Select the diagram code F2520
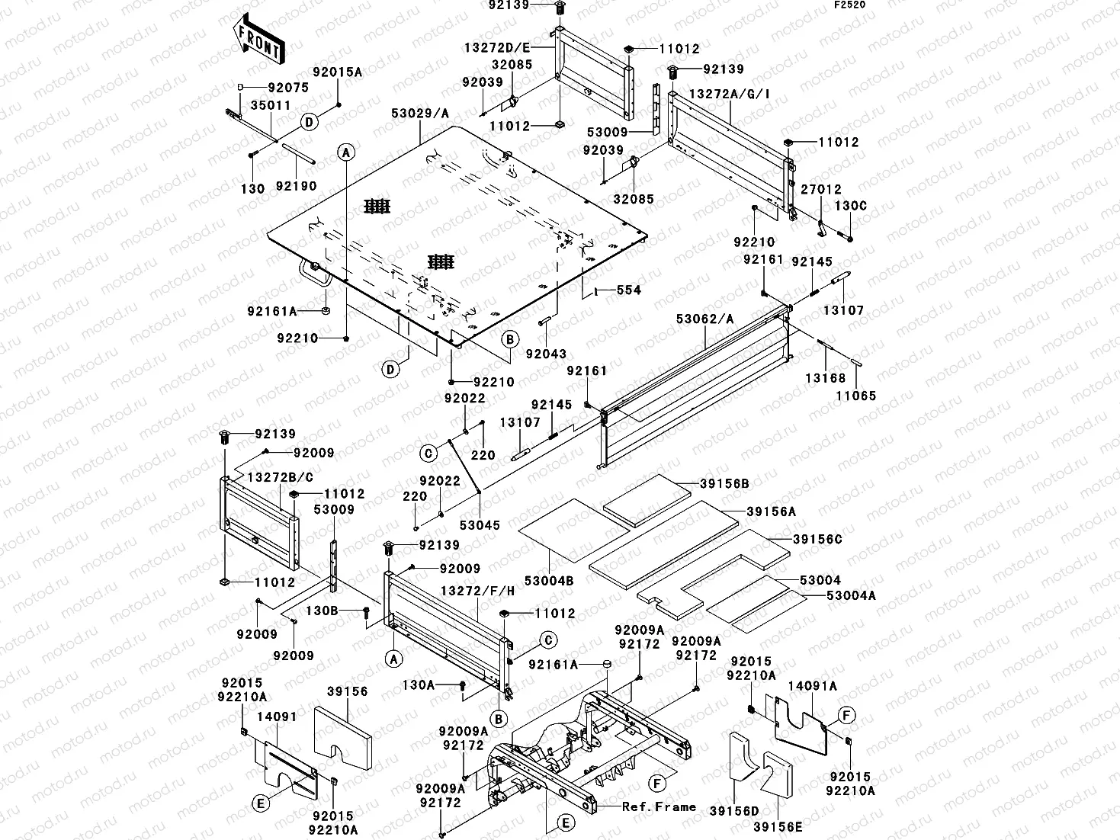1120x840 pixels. point(849,5)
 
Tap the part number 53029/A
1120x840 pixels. point(420,114)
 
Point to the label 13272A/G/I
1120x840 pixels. point(730,94)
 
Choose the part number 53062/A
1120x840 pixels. point(704,319)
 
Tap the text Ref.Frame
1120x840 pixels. point(659,806)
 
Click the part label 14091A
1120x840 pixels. point(812,686)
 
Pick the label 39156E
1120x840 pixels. point(778,826)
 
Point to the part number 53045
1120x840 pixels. point(480,525)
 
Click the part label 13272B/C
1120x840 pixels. point(280,477)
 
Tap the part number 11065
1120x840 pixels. point(855,396)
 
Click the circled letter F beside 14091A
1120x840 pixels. point(846,716)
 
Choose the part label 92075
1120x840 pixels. point(287,88)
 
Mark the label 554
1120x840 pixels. point(629,290)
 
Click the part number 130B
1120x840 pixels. point(322,611)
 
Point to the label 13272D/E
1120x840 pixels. point(496,46)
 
